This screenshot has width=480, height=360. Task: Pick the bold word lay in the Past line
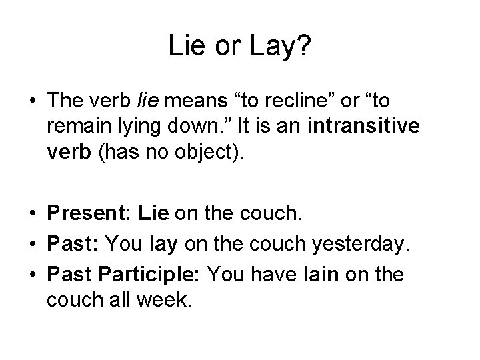pos(163,245)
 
